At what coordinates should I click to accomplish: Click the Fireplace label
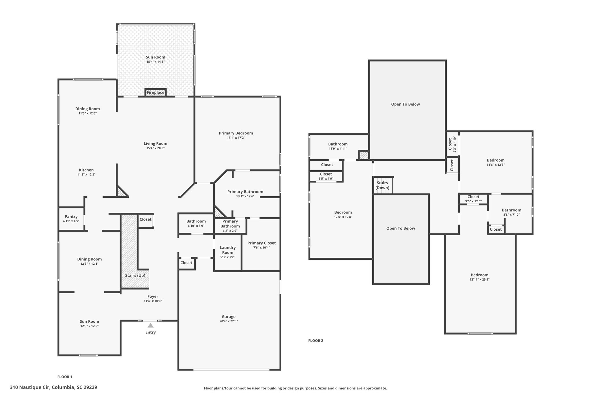click(156, 93)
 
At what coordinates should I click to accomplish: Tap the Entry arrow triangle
click(151, 325)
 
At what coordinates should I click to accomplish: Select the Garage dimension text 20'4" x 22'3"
click(229, 321)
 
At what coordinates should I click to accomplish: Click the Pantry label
click(71, 216)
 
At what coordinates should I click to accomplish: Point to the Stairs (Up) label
click(135, 275)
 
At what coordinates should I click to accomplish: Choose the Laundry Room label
click(228, 250)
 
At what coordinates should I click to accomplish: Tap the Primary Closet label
click(261, 243)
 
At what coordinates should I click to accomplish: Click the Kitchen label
click(86, 170)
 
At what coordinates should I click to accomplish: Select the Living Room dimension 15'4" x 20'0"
click(156, 148)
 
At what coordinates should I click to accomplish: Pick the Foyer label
click(153, 296)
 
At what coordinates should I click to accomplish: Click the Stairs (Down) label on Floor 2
click(382, 185)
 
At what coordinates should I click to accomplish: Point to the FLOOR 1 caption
click(65, 377)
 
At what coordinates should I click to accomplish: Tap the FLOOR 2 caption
click(316, 341)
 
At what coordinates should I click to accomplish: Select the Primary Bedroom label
click(236, 133)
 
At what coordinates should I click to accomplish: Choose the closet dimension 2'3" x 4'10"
click(455, 144)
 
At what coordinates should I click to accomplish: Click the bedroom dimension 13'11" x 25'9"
click(480, 279)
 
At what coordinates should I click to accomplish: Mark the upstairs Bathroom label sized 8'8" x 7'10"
click(511, 210)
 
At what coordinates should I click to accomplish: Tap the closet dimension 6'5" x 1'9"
click(326, 179)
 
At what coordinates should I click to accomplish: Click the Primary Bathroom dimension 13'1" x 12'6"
click(245, 196)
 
